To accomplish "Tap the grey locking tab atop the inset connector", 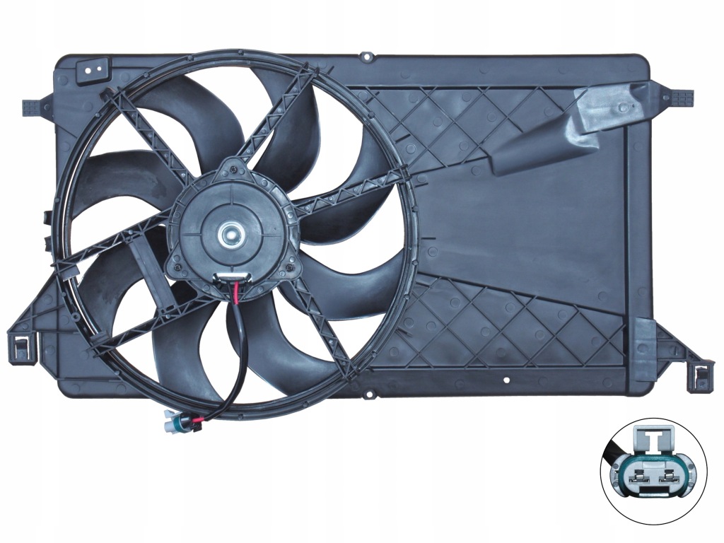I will [651, 440].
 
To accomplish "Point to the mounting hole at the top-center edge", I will [366, 55].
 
